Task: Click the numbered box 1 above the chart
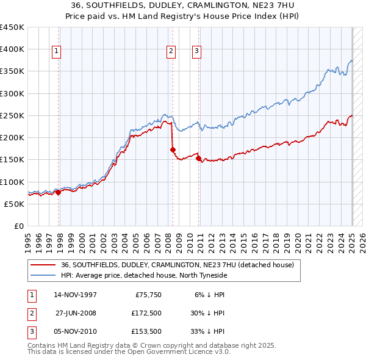tap(56, 52)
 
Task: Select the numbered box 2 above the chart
tap(171, 52)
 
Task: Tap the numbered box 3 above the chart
tap(197, 52)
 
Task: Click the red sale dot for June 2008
tap(173, 149)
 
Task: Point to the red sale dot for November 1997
tap(59, 192)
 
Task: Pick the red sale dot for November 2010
tap(199, 158)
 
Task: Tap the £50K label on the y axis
tap(15, 204)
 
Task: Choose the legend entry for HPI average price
tap(143, 275)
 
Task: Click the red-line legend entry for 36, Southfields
tap(177, 265)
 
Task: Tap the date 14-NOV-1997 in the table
tap(75, 295)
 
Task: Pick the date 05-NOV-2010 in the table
tap(75, 331)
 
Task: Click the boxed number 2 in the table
tap(31, 314)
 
